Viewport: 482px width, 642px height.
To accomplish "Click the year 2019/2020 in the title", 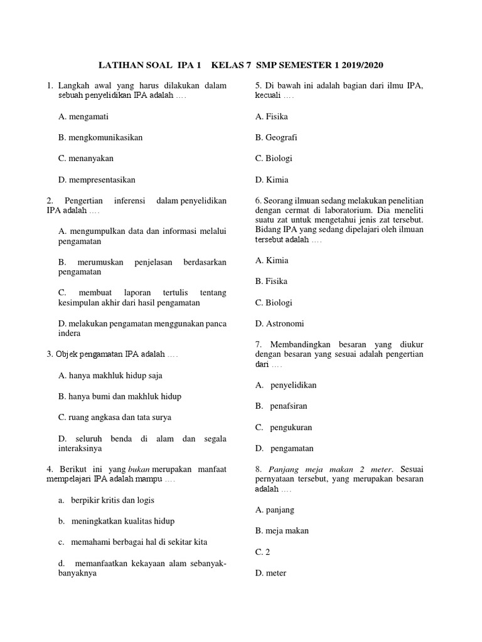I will (360, 65).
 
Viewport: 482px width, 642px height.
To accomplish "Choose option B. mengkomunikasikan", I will (100, 137).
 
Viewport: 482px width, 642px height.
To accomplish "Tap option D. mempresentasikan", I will (97, 179).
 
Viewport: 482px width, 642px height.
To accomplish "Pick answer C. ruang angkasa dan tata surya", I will (114, 417).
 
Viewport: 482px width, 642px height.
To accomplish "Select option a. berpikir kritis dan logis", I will (106, 500).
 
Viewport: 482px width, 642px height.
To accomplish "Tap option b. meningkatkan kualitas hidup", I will (116, 521).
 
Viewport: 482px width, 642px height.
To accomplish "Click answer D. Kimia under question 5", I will (272, 179).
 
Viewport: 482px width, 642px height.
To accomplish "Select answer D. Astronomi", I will (279, 324).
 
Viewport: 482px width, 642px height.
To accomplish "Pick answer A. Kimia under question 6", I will (272, 260).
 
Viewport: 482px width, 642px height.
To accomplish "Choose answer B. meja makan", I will (282, 531).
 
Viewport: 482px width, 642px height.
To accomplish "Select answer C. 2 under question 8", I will (262, 552).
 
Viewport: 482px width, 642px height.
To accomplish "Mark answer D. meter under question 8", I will (270, 572).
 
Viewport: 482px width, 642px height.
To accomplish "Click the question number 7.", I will (258, 344).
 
